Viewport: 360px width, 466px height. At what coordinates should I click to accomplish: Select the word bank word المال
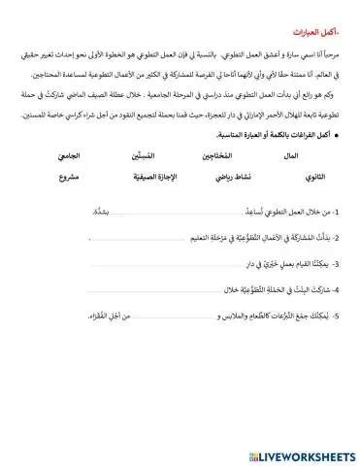(289, 156)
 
